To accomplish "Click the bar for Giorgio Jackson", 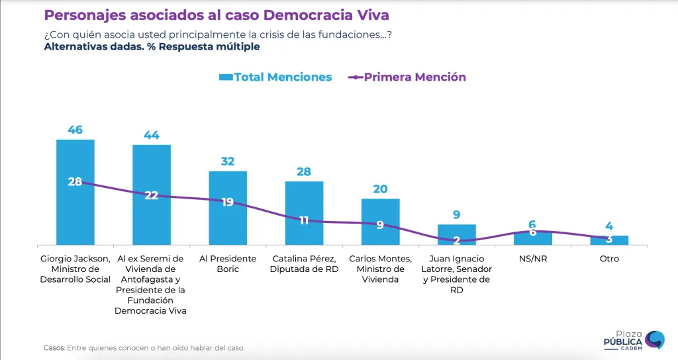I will tap(75, 212).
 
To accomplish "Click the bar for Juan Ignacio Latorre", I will tap(456, 235).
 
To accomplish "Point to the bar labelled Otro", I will tap(609, 240).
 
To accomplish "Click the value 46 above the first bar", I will tap(75, 130).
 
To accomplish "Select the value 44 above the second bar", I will tap(152, 135).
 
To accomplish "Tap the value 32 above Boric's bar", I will tap(228, 161).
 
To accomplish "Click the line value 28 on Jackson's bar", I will tap(75, 181).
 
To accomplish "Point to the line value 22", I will tap(152, 195).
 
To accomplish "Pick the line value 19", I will tap(228, 202).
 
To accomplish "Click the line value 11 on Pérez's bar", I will tap(304, 220).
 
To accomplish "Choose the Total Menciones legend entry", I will tap(275, 77).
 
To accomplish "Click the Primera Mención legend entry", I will tap(407, 77).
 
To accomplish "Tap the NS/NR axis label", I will tap(533, 259).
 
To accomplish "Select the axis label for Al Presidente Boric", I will tap(228, 263).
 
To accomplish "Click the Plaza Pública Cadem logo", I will tap(633, 339).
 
